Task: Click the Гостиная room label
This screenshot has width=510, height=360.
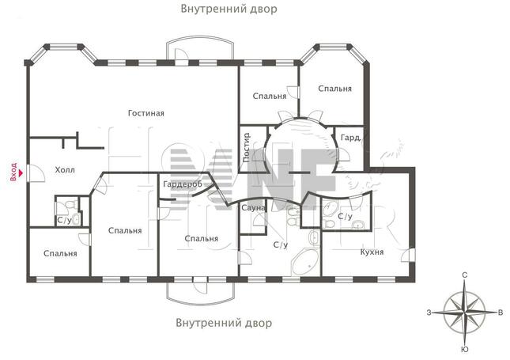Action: [146, 113]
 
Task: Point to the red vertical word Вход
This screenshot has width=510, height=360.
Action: [13, 171]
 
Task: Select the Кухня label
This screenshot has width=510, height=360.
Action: [372, 252]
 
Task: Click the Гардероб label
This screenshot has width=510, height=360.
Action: [182, 184]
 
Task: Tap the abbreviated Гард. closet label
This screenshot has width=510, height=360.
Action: [351, 138]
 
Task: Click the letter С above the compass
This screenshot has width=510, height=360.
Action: [464, 275]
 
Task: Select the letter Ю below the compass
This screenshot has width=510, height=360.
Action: [464, 349]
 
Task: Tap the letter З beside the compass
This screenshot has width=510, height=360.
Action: [429, 313]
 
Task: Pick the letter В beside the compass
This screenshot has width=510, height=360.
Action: [500, 313]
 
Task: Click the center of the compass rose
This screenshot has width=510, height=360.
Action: [464, 312]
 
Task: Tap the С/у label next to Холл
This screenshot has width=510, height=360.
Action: [64, 220]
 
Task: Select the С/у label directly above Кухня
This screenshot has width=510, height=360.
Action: [345, 216]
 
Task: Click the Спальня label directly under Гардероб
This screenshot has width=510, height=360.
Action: [201, 238]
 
